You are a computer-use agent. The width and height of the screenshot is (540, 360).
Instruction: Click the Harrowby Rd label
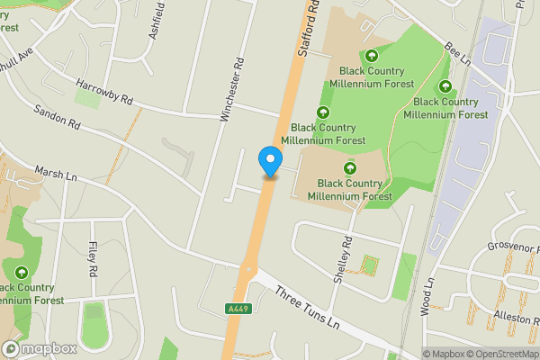tap(103, 93)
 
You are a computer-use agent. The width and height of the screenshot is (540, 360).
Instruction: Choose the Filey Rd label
tap(93, 257)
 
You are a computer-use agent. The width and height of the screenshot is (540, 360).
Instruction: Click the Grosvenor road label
tap(511, 247)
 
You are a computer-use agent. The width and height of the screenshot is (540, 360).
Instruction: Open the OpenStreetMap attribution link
tap(500, 354)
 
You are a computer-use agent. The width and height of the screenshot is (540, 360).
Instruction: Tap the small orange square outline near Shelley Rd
tap(366, 265)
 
